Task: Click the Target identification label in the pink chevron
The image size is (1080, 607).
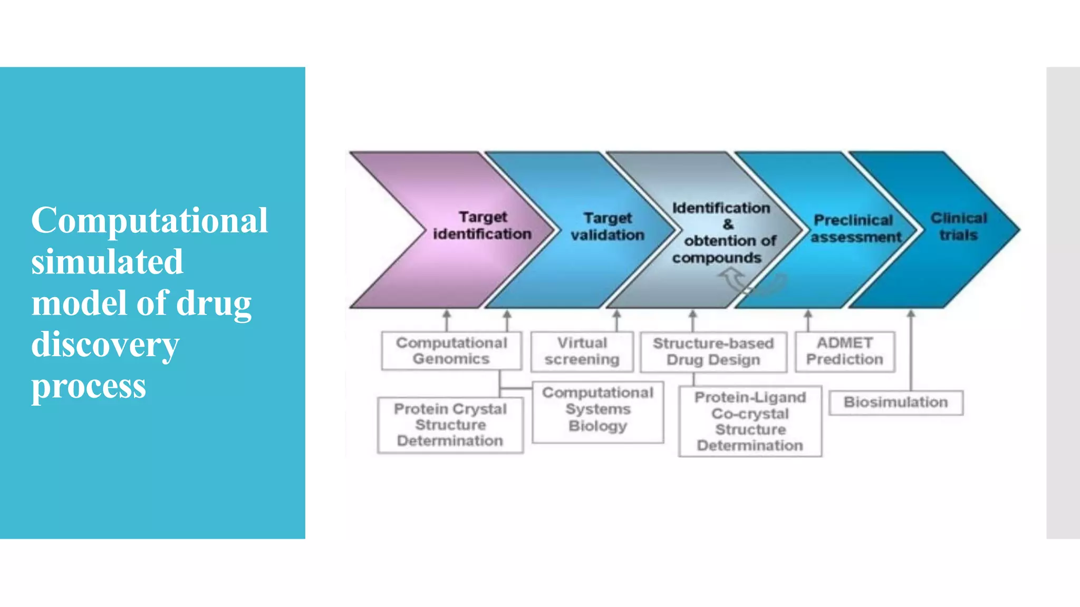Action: pos(482,226)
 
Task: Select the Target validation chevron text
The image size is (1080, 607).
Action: pos(607,227)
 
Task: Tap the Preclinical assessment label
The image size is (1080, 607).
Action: pos(855,229)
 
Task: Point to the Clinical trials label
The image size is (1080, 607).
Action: pos(958,227)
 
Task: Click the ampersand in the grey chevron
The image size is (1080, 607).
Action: pos(728,224)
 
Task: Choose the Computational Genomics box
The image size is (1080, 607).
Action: pos(451,351)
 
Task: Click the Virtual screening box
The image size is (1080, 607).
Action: pos(582,351)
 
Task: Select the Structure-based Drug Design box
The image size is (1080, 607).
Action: pos(713,352)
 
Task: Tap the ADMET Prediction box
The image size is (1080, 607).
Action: pos(845,351)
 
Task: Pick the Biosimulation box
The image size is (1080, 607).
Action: pos(895,403)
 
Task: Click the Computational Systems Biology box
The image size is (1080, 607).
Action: pos(597,410)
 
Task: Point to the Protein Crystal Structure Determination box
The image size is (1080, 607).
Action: pos(450,425)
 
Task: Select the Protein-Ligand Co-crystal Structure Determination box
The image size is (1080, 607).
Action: pos(750,422)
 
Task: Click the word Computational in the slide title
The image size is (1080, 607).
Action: pos(149,220)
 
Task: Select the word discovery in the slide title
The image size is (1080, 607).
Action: pos(105,345)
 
